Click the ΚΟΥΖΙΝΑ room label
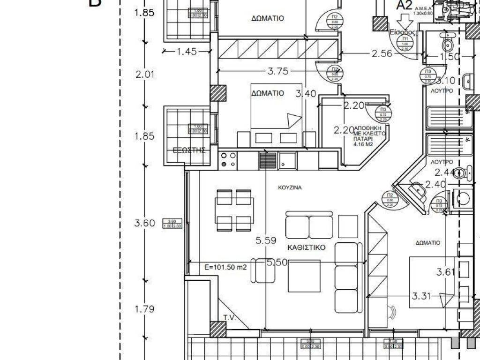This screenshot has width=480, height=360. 289,187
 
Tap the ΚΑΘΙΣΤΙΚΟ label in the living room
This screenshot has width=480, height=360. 307,247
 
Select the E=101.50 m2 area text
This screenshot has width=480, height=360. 226,268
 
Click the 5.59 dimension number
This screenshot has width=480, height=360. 265,241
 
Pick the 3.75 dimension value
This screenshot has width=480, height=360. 278,71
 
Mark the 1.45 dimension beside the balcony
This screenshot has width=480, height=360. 187,52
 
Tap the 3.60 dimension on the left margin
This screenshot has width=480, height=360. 144,223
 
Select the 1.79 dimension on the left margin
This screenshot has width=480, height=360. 144,309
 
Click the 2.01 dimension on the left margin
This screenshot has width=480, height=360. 144,74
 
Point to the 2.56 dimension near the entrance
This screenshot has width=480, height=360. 382,54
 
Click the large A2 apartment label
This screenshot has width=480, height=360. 404,6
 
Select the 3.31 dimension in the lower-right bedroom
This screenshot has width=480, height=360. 421,296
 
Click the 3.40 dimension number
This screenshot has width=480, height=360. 306,94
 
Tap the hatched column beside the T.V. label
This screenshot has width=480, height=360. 218,329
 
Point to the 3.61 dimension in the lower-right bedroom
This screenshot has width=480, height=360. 445,272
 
